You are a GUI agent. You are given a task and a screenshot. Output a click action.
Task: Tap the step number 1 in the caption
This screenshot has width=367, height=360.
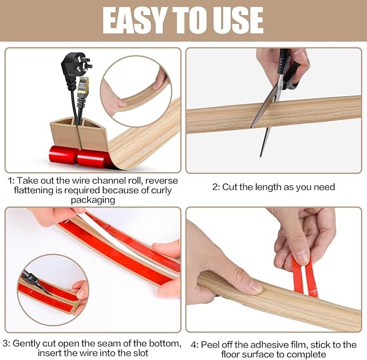9,181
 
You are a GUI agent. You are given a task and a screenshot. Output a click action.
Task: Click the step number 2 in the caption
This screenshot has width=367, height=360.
215,187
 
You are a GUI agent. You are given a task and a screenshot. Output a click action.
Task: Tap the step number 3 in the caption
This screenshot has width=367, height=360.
5,343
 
